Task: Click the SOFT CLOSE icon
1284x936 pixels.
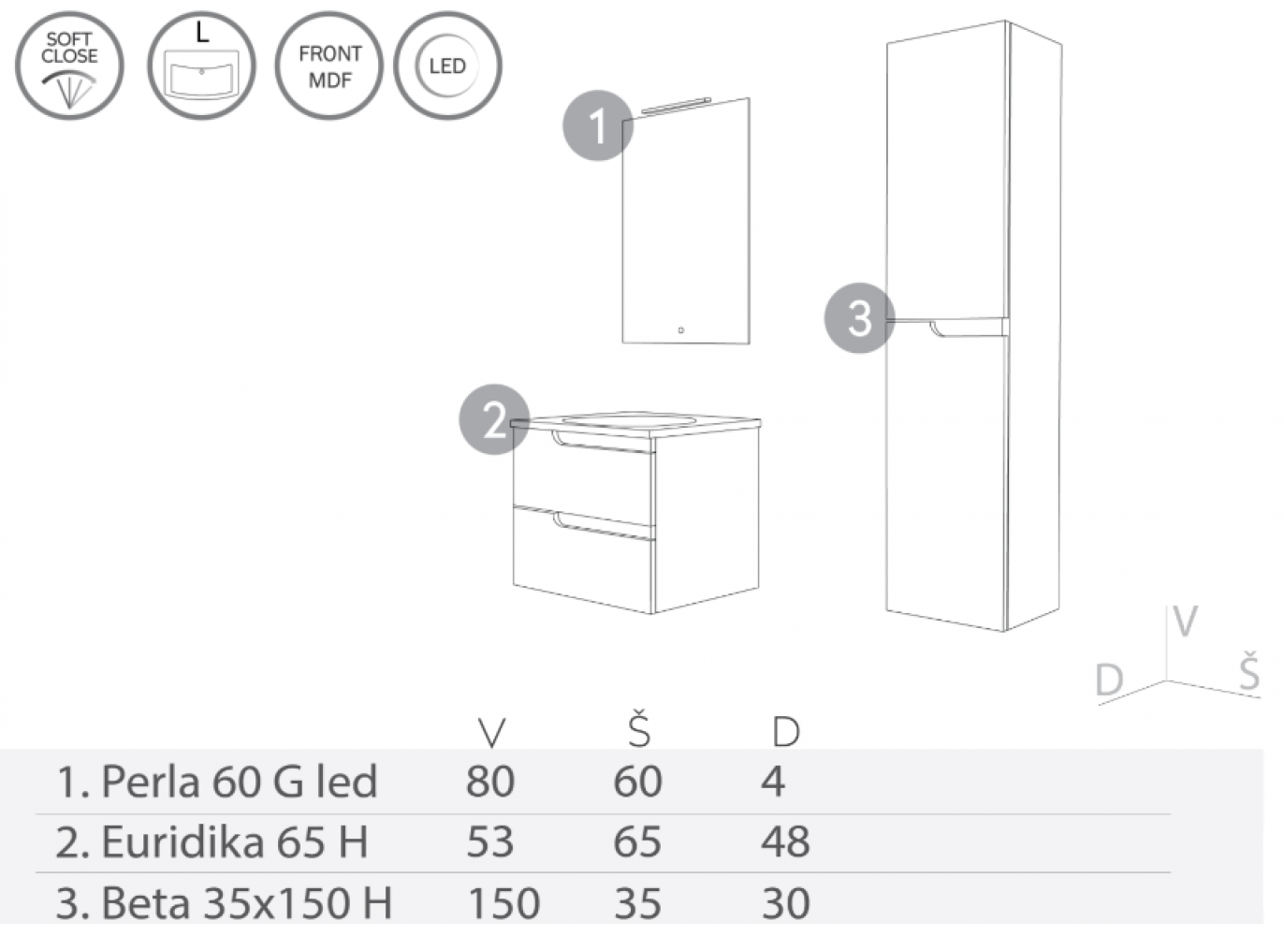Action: pos(69,66)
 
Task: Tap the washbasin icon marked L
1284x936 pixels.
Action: pos(201,66)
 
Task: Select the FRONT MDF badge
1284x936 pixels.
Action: pos(328,66)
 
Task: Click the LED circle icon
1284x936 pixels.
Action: pos(446,66)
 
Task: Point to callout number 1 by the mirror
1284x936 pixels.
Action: pos(597,125)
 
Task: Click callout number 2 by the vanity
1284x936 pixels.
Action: pos(494,420)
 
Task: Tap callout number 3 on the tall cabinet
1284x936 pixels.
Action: pos(859,318)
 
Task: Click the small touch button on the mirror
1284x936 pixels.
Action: pos(680,330)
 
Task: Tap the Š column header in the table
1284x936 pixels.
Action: pos(638,730)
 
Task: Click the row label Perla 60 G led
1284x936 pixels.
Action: pos(217,782)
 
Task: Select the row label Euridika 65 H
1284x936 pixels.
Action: pos(212,842)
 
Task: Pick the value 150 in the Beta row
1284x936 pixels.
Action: pos(503,903)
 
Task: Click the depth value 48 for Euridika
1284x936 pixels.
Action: pos(785,842)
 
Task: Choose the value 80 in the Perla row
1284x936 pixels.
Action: pos(490,782)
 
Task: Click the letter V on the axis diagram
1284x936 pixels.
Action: pos(1185,622)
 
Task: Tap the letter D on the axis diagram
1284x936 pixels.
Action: pos(1109,680)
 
